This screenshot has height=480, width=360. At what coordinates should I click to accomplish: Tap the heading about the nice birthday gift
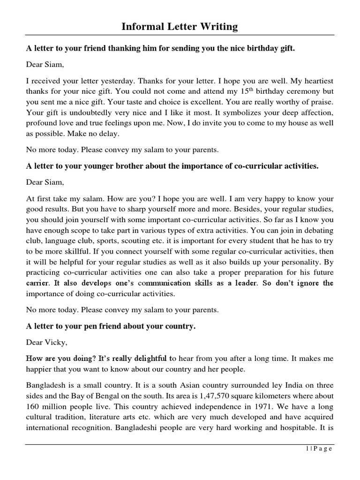click(160, 49)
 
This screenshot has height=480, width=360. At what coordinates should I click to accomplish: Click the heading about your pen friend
click(110, 326)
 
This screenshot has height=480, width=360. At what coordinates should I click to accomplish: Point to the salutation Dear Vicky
click(47, 342)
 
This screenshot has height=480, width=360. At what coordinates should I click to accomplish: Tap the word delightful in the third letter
click(146, 359)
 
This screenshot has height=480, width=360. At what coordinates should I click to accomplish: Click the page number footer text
click(317, 449)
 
